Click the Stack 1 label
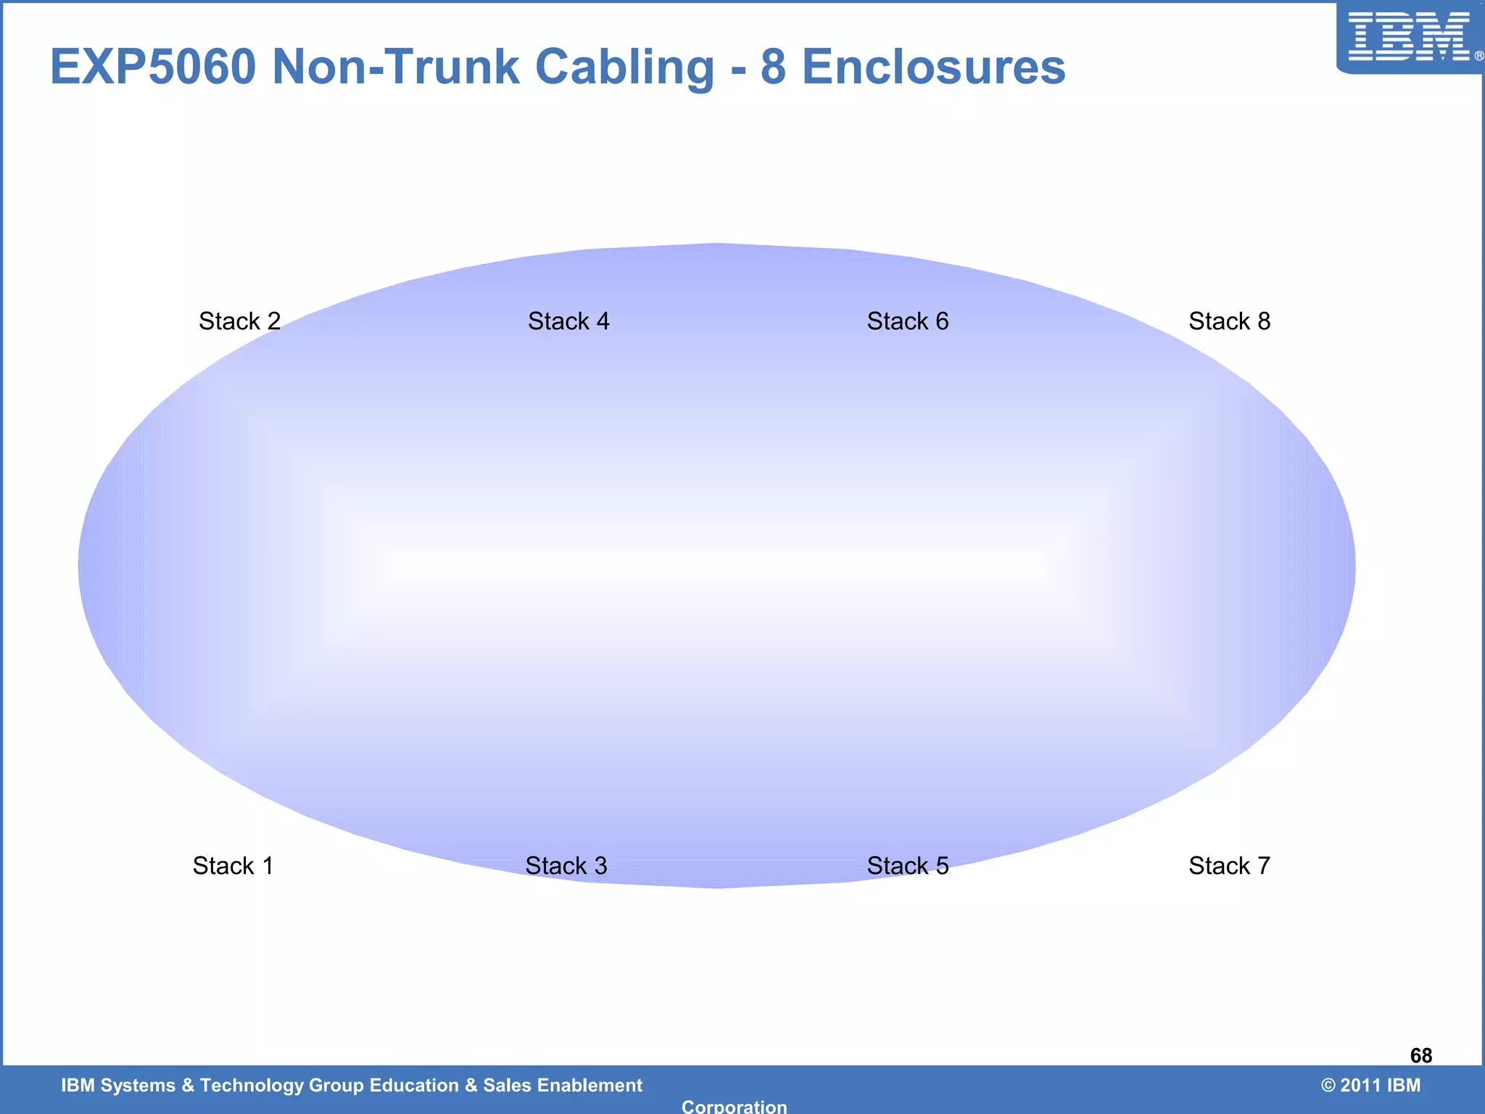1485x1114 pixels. [x=233, y=866]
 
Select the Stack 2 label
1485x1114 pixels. [x=239, y=321]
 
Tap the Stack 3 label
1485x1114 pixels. [x=566, y=866]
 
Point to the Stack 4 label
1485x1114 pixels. [x=568, y=321]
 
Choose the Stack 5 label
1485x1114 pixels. [x=908, y=866]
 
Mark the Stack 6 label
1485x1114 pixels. [x=908, y=321]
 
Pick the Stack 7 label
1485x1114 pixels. [x=1229, y=866]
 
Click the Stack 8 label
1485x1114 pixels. [x=1229, y=321]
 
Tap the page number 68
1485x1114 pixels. [x=1420, y=1055]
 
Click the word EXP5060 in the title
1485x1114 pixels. [x=153, y=67]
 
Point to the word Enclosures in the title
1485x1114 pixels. [x=934, y=67]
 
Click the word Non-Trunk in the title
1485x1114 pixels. [x=396, y=67]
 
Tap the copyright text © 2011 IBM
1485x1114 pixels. [x=1370, y=1085]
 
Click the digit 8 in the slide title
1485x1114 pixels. [x=773, y=67]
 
